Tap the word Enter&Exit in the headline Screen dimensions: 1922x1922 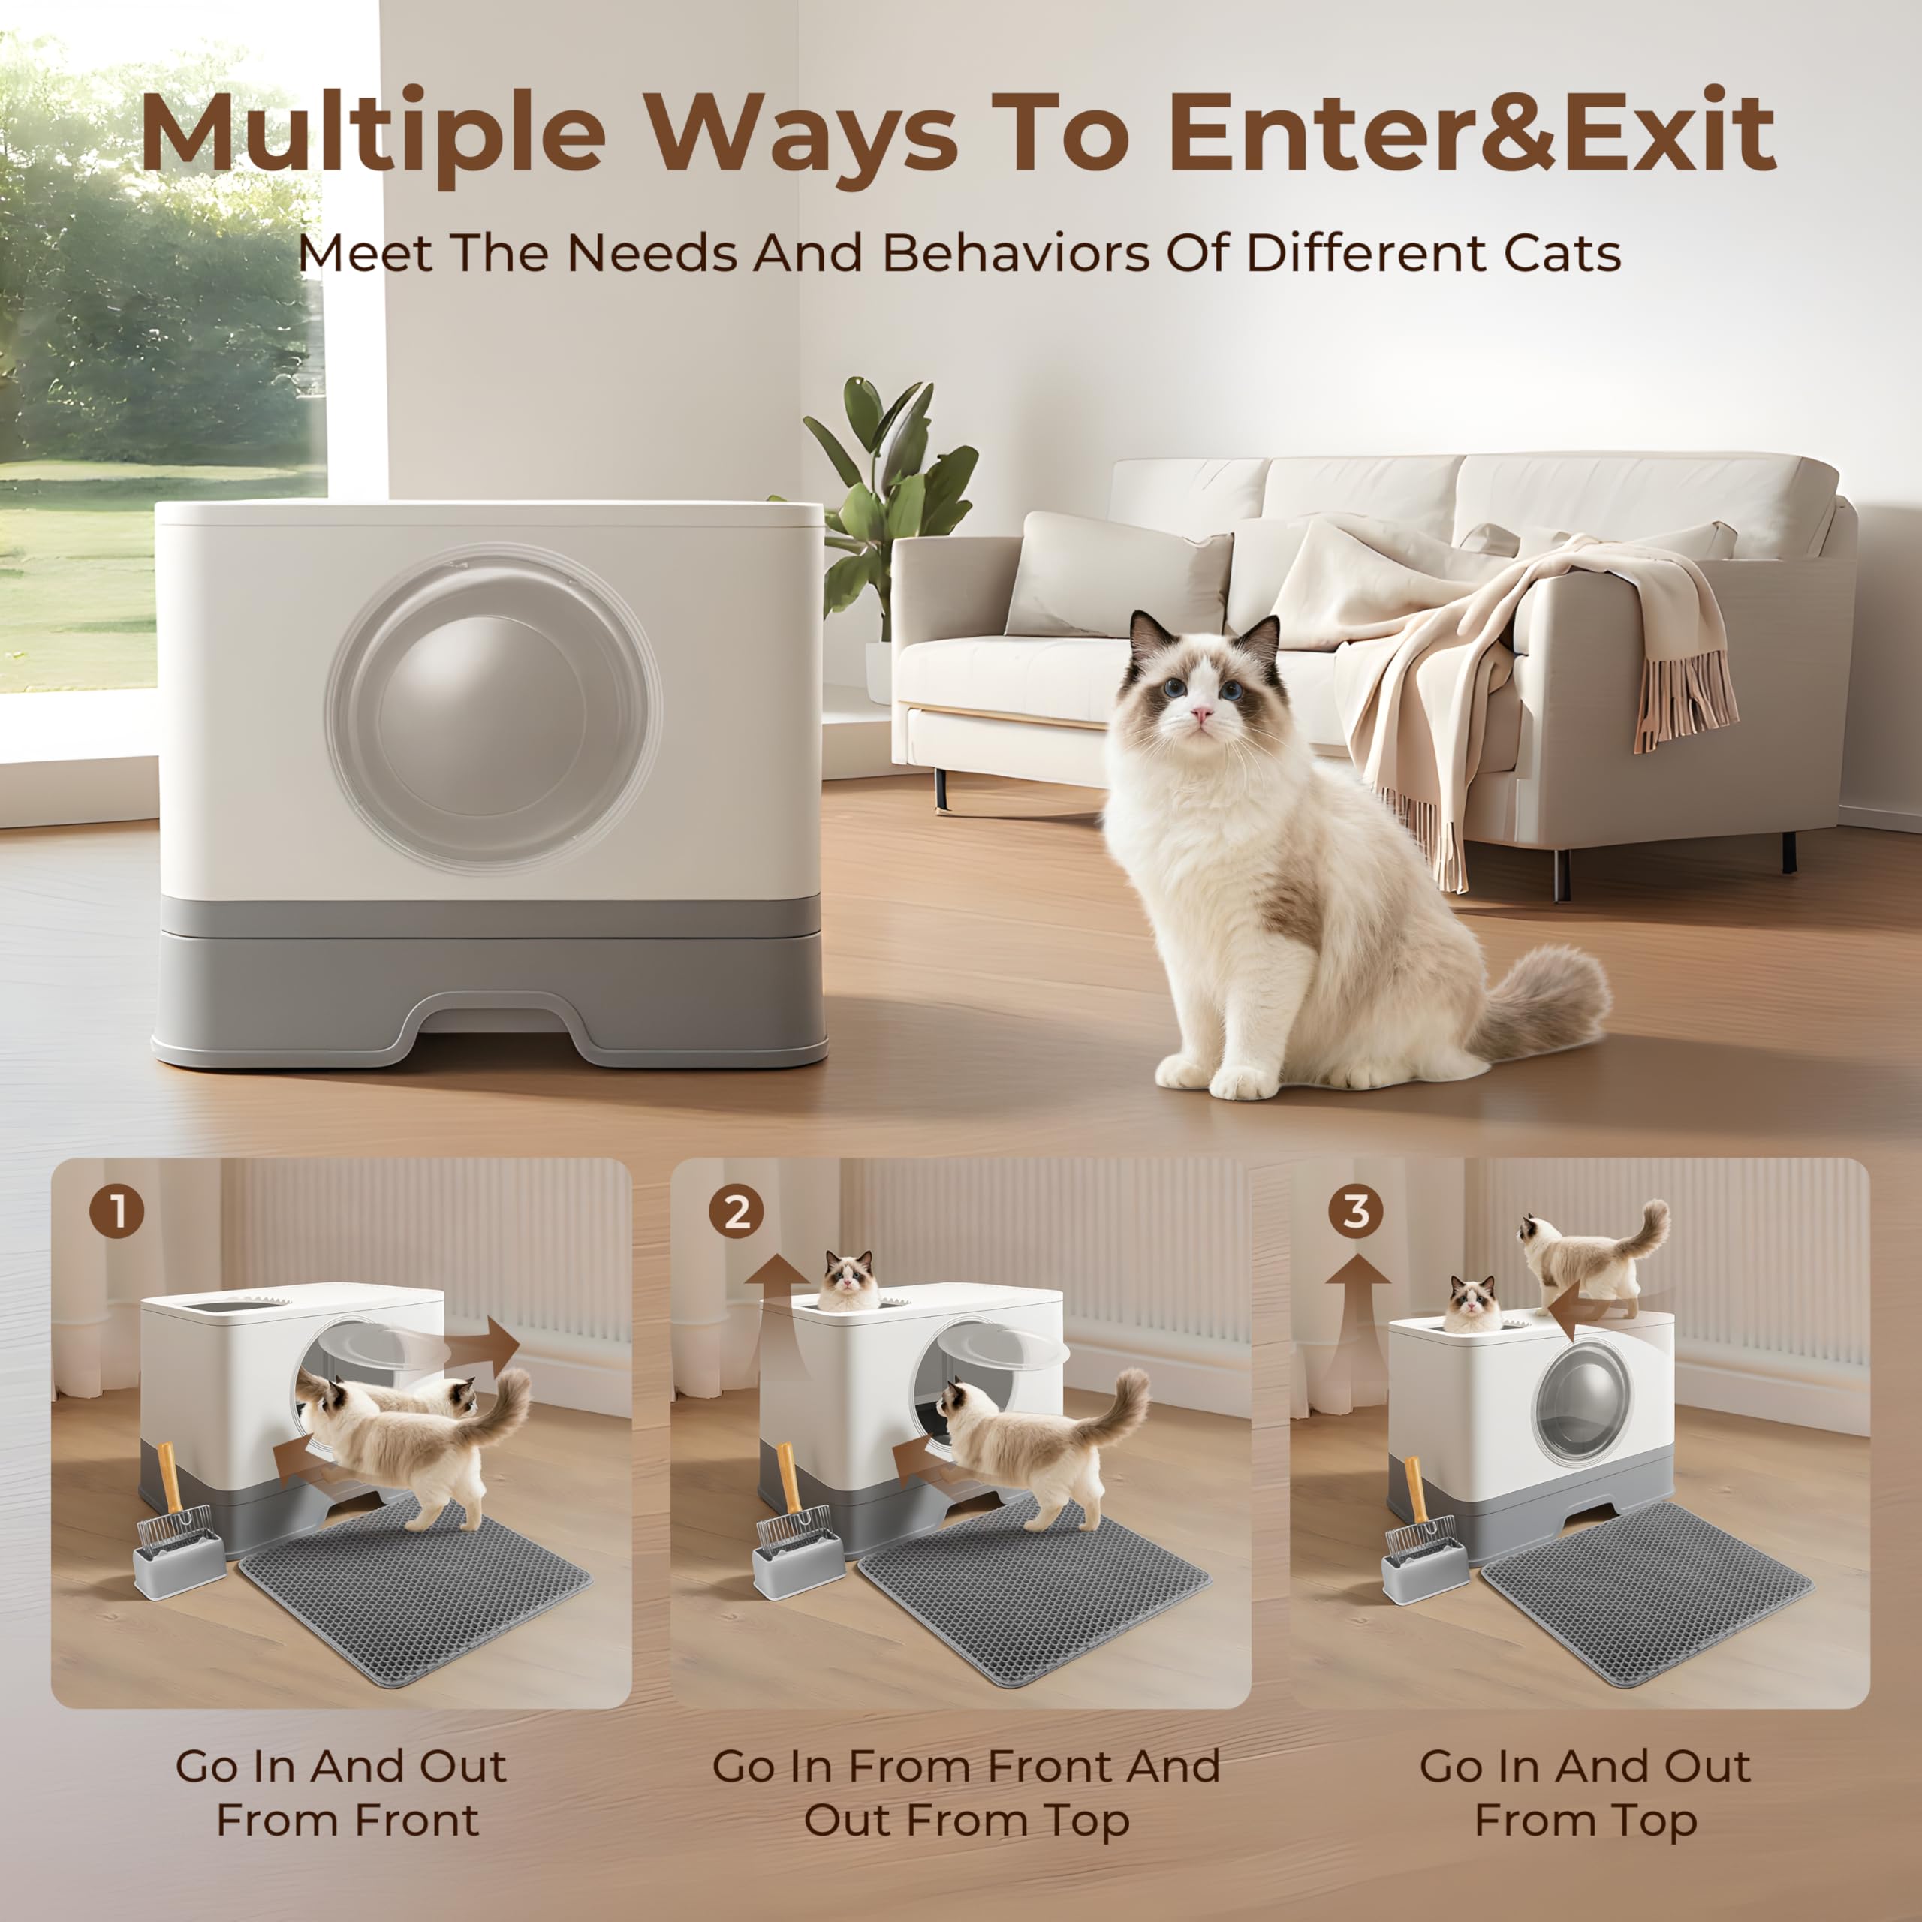(x=1472, y=132)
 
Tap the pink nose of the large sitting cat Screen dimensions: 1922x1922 (x=1203, y=714)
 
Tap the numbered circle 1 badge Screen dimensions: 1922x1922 (x=117, y=1212)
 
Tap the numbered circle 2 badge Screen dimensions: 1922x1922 (x=737, y=1212)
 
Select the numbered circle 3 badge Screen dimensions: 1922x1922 (x=1356, y=1212)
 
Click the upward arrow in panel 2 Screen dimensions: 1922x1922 (x=778, y=1294)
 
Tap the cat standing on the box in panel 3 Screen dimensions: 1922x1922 (x=1586, y=1258)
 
